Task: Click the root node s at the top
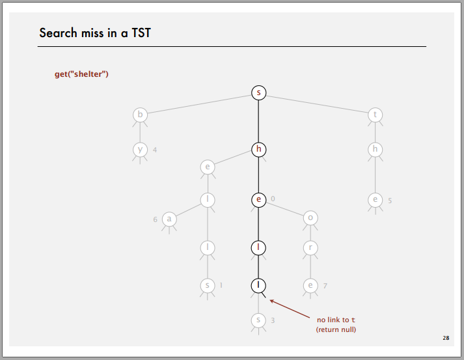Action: click(x=259, y=93)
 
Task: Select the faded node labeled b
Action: click(x=140, y=115)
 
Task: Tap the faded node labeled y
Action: click(x=140, y=149)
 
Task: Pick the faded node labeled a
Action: click(x=169, y=219)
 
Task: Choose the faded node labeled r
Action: click(x=310, y=248)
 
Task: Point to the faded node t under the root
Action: click(x=375, y=115)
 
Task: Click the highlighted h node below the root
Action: click(x=259, y=149)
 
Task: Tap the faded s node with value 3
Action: click(x=259, y=320)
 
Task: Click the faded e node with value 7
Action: click(x=310, y=284)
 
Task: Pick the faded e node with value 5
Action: click(x=375, y=200)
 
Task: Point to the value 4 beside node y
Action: click(x=155, y=150)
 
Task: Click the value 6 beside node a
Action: click(x=156, y=219)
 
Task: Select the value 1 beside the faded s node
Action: click(x=221, y=285)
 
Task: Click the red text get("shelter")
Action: click(x=81, y=74)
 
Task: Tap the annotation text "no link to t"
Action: click(x=336, y=320)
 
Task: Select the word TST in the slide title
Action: click(x=139, y=33)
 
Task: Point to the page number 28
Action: click(x=446, y=338)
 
